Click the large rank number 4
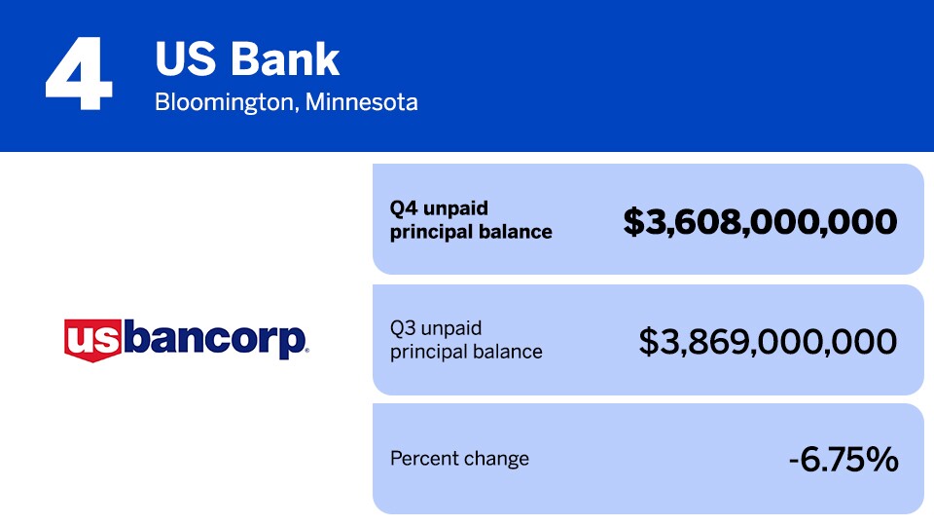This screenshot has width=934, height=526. (x=79, y=73)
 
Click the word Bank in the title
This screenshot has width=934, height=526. (x=285, y=59)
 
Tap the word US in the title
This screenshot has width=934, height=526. (x=185, y=59)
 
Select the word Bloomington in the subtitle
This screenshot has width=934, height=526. (x=225, y=102)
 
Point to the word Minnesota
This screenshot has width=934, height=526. (x=362, y=102)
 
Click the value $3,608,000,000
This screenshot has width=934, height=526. (x=760, y=222)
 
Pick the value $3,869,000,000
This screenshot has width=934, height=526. (x=768, y=341)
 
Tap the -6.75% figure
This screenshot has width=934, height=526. (x=844, y=459)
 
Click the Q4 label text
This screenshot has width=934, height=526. (x=403, y=208)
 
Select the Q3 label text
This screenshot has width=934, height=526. (x=403, y=328)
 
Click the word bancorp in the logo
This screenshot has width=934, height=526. (x=215, y=340)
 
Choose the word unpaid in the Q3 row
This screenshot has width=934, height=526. (x=451, y=328)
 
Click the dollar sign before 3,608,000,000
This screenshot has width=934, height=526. (x=633, y=222)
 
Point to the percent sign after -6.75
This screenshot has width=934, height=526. (x=882, y=459)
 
